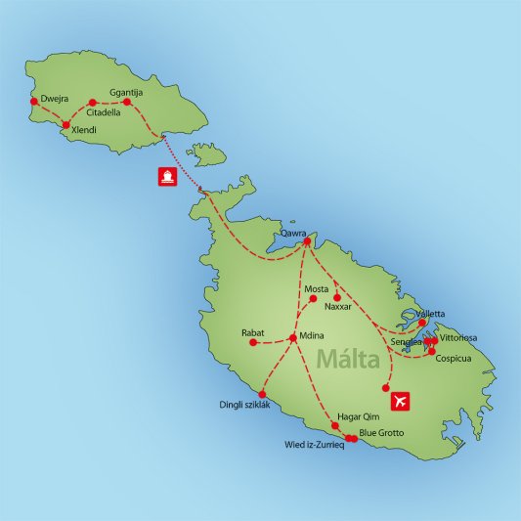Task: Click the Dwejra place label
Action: click(56, 99)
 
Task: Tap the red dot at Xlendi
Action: click(65, 125)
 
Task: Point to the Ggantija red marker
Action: click(126, 102)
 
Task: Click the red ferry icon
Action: click(167, 177)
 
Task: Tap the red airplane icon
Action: click(400, 401)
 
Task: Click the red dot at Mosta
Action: click(313, 298)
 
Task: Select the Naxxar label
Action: click(337, 307)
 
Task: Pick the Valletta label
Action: click(430, 314)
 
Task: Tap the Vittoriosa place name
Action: click(458, 337)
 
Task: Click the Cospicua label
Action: click(454, 360)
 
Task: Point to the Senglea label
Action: click(406, 343)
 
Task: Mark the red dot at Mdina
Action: click(292, 338)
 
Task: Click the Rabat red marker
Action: click(253, 343)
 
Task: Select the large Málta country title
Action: click(348, 360)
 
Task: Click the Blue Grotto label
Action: click(381, 432)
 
